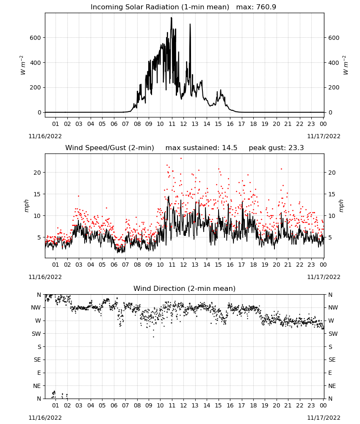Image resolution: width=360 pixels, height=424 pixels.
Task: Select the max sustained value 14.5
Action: tap(230, 148)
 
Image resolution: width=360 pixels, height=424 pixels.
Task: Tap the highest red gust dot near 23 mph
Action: tap(181, 159)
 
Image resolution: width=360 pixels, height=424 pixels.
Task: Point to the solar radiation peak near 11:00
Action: tap(171, 18)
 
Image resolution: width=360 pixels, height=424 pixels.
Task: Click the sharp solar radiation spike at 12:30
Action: tap(190, 24)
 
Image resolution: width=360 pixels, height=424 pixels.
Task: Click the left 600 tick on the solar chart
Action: tap(35, 38)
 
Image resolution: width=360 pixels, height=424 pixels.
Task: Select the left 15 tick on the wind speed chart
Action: tap(37, 194)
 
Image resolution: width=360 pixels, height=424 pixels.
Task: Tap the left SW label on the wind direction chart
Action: tap(36, 334)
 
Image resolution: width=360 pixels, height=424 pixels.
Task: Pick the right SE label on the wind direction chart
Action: tap(332, 360)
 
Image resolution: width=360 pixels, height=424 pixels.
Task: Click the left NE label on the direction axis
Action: tap(37, 386)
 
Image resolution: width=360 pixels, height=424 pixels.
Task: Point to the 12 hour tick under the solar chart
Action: tap(183, 124)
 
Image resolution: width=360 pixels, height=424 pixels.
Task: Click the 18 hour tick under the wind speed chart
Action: tap(253, 265)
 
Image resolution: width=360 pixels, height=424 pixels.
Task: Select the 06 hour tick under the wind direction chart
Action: tap(114, 405)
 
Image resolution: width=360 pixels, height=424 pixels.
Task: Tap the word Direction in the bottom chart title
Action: tap(168, 288)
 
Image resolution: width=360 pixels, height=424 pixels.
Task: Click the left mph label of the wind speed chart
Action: tap(26, 206)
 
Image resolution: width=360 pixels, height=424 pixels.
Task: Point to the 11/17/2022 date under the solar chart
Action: tap(324, 136)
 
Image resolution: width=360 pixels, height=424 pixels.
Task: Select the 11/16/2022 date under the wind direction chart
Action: tap(45, 418)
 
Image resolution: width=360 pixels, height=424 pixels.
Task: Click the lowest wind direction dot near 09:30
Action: tap(153, 337)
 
